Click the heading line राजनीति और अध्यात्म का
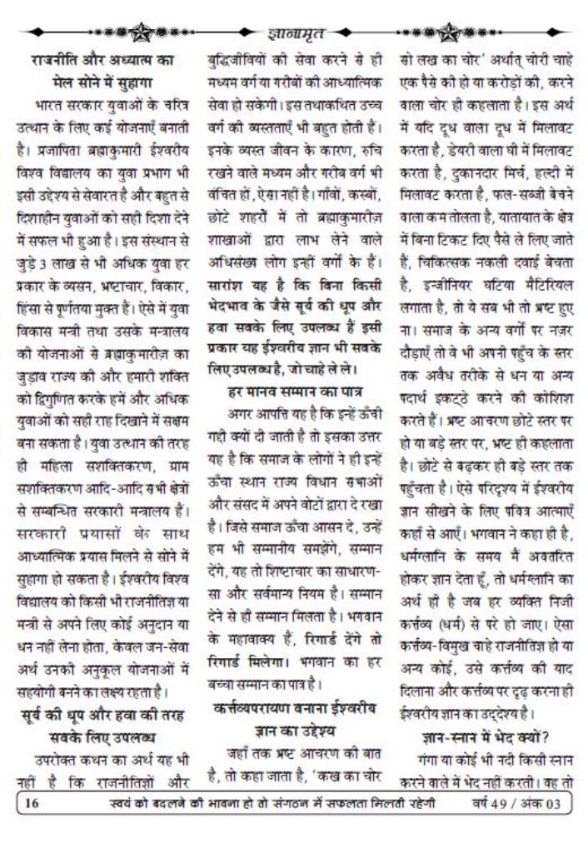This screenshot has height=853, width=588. click(x=102, y=60)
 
